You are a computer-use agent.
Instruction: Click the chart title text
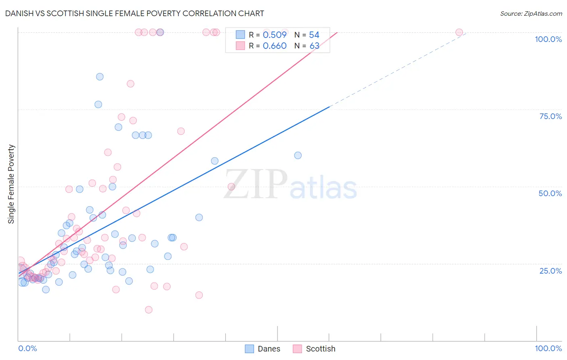[x=135, y=13]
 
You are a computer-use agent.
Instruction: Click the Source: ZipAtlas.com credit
[x=531, y=13]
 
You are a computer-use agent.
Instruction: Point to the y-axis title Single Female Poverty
[x=11, y=184]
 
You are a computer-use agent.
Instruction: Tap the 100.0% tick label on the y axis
[x=548, y=39]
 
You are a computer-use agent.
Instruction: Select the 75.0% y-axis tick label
[x=550, y=116]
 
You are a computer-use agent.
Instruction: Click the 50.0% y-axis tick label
[x=550, y=193]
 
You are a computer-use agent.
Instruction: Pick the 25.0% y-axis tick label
[x=550, y=270]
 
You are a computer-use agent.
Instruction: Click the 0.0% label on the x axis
[x=28, y=348]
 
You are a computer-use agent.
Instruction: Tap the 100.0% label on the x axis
[x=548, y=348]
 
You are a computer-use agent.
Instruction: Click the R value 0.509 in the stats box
[x=275, y=35]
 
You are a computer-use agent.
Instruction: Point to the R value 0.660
[x=275, y=46]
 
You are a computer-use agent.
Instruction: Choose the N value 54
[x=314, y=35]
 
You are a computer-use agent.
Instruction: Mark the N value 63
[x=314, y=46]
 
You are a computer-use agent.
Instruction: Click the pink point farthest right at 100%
[x=459, y=32]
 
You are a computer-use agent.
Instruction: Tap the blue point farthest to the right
[x=298, y=155]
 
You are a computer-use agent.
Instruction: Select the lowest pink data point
[x=148, y=310]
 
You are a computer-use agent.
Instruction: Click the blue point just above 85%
[x=100, y=77]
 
